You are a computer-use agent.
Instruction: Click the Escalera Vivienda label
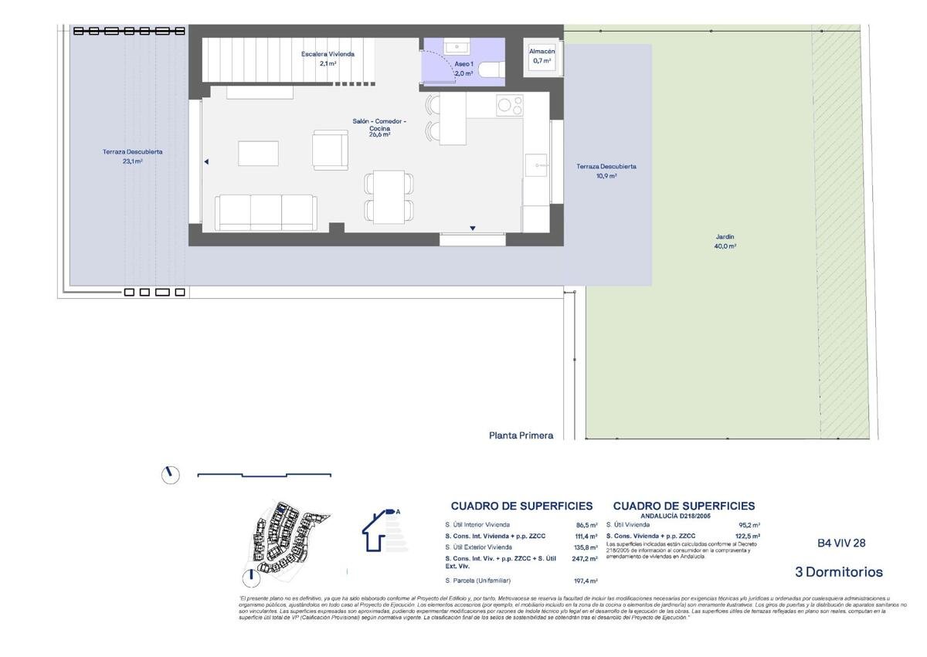tap(328, 59)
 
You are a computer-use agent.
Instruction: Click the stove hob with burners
tap(508, 104)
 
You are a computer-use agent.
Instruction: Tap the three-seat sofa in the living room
tap(266, 212)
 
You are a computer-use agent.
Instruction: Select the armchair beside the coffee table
tap(330, 150)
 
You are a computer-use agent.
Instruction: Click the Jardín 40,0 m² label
tap(725, 242)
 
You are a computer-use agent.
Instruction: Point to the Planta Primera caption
tap(521, 435)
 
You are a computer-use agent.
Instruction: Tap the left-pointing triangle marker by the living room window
tap(206, 162)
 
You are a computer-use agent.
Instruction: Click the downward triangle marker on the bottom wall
tap(472, 228)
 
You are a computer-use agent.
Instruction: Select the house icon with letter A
tap(381, 530)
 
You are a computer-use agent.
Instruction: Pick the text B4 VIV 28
tap(841, 544)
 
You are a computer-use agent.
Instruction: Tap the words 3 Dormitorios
tap(838, 572)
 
